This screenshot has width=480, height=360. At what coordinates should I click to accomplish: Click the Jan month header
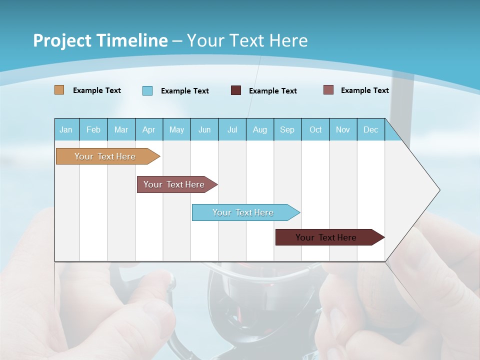point(66,129)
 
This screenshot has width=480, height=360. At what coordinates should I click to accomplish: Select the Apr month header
point(148,129)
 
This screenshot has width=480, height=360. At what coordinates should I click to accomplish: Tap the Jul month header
point(232,129)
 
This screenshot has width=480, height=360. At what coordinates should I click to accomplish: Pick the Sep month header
point(287,129)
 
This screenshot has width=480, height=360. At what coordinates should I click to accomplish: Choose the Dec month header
point(370,129)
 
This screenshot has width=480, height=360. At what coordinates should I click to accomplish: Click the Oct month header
point(315,129)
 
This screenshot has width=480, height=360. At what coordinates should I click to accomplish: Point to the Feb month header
point(93,129)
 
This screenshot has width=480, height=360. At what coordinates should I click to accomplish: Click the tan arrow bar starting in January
point(105,156)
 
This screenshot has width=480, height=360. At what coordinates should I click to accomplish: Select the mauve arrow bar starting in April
point(174,184)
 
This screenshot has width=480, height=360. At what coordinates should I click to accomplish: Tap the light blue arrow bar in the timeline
point(243,212)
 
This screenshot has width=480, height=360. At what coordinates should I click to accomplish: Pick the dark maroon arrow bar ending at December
point(326,237)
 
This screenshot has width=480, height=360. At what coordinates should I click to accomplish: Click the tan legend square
point(59,90)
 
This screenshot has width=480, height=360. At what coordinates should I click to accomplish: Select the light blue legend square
point(147,90)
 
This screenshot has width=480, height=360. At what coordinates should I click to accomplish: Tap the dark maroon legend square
point(236,90)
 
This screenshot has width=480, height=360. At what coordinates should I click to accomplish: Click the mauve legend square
point(328,90)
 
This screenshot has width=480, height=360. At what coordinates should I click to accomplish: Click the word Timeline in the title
point(132,40)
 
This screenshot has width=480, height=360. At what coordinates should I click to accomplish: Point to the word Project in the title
point(62,40)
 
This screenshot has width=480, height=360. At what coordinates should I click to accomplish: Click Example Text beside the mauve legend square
point(364,90)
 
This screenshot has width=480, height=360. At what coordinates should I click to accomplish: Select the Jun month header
point(204,129)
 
